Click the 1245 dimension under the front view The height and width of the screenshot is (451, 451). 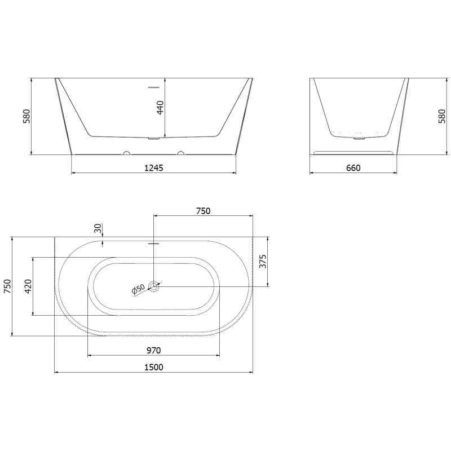click(153, 167)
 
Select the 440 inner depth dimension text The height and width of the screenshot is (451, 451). click(160, 108)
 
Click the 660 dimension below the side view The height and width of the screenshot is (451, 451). click(353, 167)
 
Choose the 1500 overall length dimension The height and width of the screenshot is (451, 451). click(153, 367)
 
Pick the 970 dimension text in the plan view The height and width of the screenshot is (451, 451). click(153, 350)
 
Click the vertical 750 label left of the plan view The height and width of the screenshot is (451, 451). click(7, 286)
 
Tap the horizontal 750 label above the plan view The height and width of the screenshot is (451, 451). click(203, 211)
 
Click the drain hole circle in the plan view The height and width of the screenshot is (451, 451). click(154, 286)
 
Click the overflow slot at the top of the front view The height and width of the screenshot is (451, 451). click(153, 87)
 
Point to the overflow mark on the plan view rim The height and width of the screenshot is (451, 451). click(153, 244)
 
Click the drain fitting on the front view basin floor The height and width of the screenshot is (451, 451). click(153, 137)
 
